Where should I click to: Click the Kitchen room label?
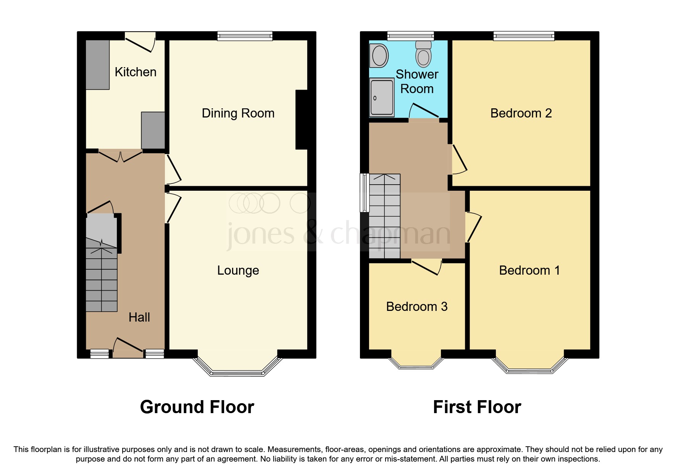(136, 72)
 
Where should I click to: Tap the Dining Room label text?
(238, 113)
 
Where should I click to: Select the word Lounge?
(238, 270)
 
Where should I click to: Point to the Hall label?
(139, 317)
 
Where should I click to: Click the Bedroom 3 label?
(416, 307)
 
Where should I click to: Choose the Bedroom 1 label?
(529, 270)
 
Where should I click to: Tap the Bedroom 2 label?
(521, 113)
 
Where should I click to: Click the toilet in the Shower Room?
(423, 54)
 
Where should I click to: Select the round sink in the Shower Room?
(379, 56)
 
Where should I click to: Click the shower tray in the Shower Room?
(382, 97)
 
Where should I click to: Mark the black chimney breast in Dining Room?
(302, 119)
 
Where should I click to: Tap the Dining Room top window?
(245, 36)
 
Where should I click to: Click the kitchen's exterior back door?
(140, 42)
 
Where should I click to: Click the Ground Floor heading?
(197, 407)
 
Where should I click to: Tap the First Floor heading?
(477, 407)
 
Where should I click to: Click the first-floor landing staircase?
(384, 216)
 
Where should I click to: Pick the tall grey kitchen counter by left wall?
(98, 65)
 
